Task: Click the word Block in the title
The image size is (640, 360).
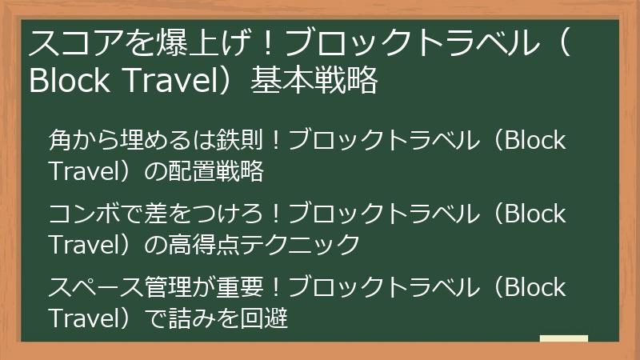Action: (x=65, y=81)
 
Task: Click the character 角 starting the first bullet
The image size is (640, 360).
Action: (x=60, y=141)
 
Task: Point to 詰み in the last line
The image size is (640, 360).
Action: (x=190, y=318)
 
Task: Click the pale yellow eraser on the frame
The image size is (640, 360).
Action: (x=564, y=338)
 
